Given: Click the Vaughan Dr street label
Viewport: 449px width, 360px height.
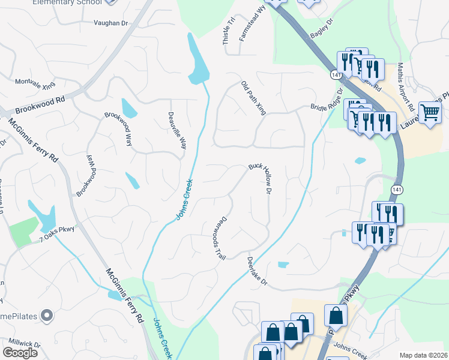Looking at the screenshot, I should click(111, 23).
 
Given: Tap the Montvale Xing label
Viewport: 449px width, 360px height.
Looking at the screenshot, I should click(35, 84).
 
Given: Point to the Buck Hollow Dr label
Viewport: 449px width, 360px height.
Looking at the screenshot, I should click(262, 179).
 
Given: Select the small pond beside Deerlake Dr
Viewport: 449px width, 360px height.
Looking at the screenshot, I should click(283, 264).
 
